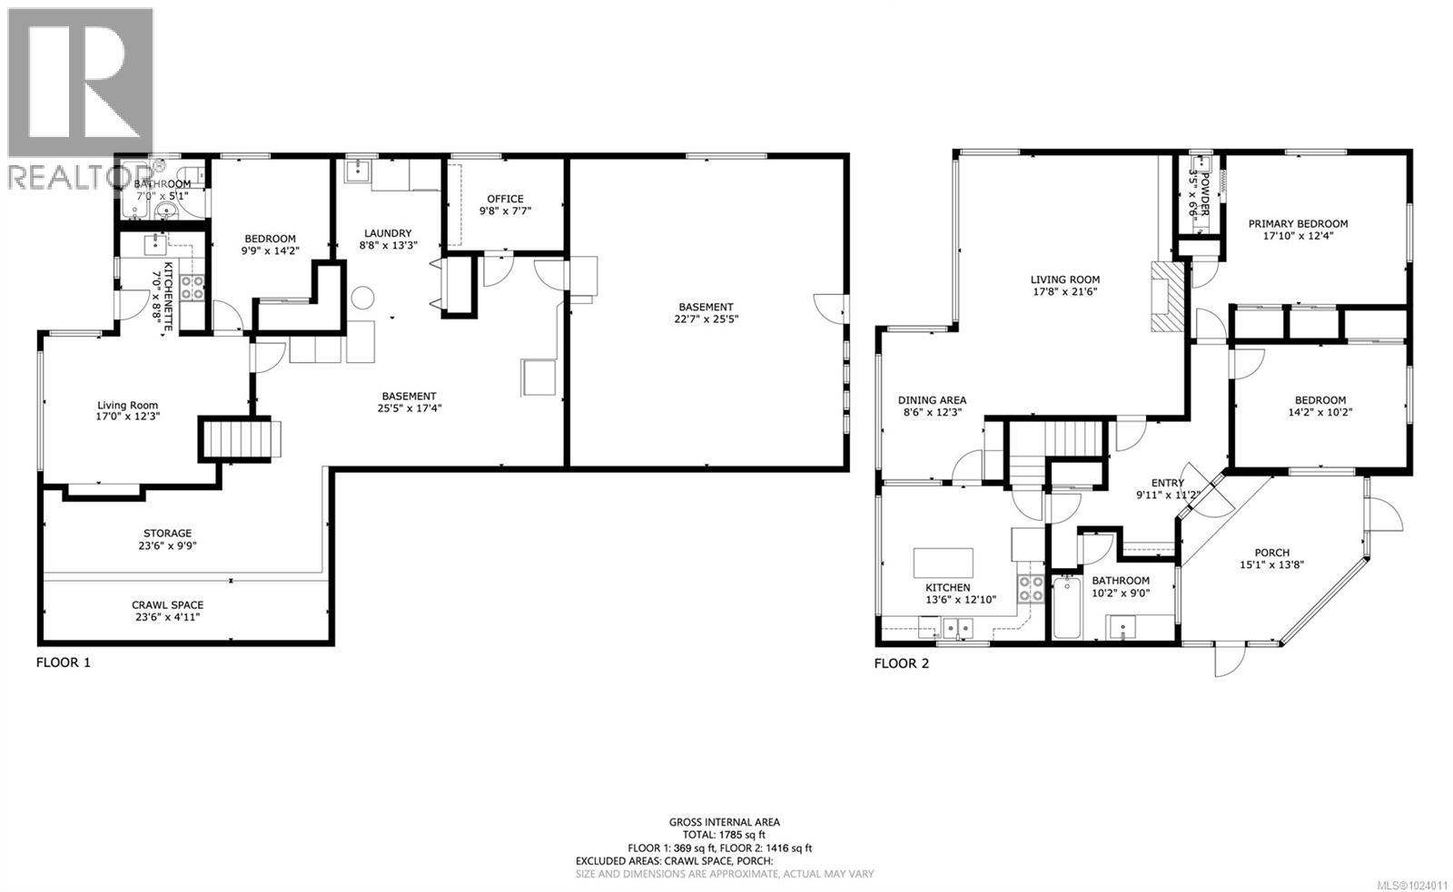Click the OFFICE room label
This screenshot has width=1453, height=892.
(x=505, y=199)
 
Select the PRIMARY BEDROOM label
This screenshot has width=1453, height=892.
(x=1298, y=223)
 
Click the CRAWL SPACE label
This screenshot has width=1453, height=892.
(x=167, y=604)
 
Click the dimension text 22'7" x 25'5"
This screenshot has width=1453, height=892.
(x=705, y=319)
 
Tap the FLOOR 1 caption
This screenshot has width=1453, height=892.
(x=63, y=662)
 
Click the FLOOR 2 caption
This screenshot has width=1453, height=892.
(x=901, y=662)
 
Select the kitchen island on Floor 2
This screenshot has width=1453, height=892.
(x=943, y=562)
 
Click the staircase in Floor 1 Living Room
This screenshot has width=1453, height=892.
(x=235, y=438)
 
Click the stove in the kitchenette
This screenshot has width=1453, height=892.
(x=192, y=288)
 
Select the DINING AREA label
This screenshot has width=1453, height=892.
(x=932, y=399)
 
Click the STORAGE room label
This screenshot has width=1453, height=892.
(x=167, y=533)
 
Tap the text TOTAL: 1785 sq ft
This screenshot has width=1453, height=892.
(x=724, y=835)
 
